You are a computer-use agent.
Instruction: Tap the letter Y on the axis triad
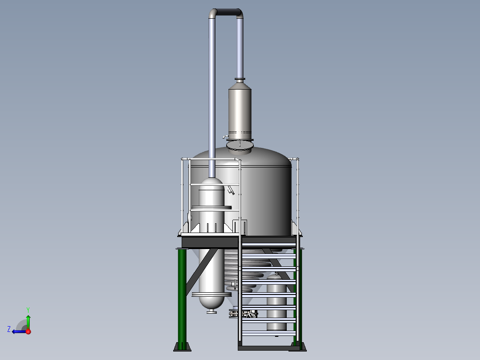(x=28, y=310)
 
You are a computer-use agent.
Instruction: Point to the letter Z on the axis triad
(x=9, y=329)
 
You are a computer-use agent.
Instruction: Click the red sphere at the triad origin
(x=28, y=331)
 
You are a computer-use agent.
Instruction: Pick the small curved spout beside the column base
(x=225, y=137)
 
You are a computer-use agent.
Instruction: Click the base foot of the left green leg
(x=183, y=347)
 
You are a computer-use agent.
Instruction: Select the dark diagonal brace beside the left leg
(x=201, y=271)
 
